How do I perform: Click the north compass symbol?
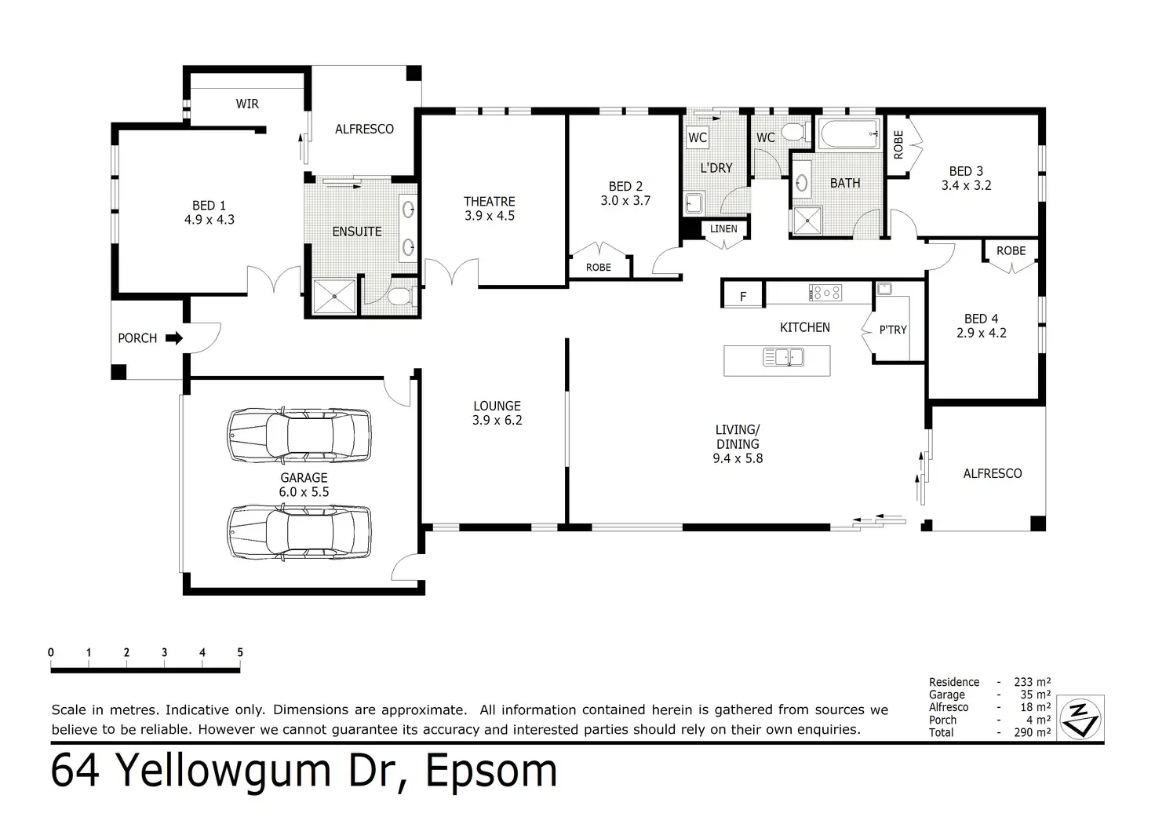pyautogui.click(x=1080, y=719)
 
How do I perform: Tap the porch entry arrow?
pyautogui.click(x=174, y=338)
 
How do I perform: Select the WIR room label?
pyautogui.click(x=247, y=104)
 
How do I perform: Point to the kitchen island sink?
pyautogui.click(x=783, y=357)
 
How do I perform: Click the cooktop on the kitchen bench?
pyautogui.click(x=825, y=293)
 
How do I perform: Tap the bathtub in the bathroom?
pyautogui.click(x=849, y=133)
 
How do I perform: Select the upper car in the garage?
pyautogui.click(x=299, y=436)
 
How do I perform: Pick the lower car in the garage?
pyautogui.click(x=299, y=532)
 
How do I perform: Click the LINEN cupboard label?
pyautogui.click(x=723, y=228)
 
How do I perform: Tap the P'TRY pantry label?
pyautogui.click(x=893, y=330)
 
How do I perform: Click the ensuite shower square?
pyautogui.click(x=334, y=297)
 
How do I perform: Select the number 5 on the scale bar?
pyautogui.click(x=240, y=652)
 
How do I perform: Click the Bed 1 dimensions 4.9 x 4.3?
pyautogui.click(x=210, y=220)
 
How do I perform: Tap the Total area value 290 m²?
pyautogui.click(x=1033, y=732)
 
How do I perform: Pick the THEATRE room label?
pyautogui.click(x=490, y=201)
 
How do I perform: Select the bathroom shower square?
pyautogui.click(x=807, y=221)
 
